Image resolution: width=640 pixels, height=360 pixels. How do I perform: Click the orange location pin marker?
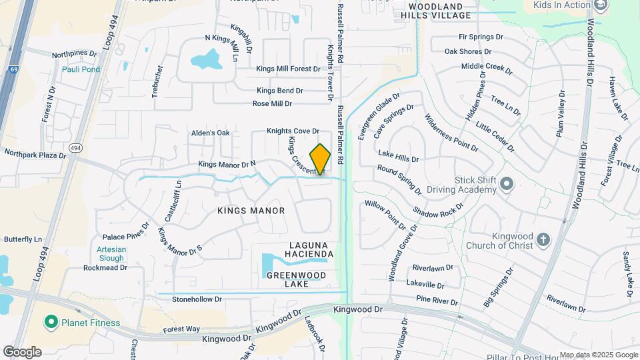320,159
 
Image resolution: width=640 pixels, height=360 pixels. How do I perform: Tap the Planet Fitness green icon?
50,323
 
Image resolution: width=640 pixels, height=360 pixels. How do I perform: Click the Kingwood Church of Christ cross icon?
543,240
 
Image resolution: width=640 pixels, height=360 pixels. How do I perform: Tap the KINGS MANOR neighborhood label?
251,211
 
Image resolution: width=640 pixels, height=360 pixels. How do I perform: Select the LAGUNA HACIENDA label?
306,249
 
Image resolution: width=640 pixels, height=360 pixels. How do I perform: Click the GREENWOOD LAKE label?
296,279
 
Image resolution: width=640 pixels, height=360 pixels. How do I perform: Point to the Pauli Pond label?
81,69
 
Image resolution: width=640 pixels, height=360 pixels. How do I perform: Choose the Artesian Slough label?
111,254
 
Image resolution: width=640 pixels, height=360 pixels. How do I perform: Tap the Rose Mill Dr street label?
272,104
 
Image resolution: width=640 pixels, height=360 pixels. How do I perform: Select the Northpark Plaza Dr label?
35,155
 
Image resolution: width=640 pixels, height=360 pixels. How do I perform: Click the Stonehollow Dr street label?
197,299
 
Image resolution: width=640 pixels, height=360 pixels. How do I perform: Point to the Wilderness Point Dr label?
451,132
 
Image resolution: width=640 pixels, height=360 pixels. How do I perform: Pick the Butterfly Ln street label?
23,239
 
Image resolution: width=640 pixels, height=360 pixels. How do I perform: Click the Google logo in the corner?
22,351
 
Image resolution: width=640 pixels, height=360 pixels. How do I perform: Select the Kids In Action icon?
601,5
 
